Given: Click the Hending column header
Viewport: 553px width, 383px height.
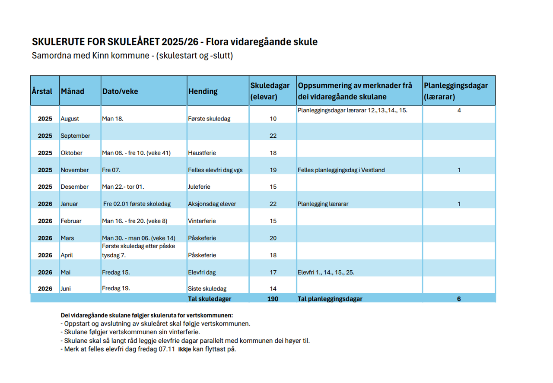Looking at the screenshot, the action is [x=203, y=91].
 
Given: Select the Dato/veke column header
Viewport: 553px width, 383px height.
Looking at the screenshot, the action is [x=120, y=91].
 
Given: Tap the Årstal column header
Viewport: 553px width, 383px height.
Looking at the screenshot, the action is [x=42, y=91].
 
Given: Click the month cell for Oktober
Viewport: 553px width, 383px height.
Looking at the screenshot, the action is [x=71, y=153].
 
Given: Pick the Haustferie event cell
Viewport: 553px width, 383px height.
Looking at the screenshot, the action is [x=202, y=153].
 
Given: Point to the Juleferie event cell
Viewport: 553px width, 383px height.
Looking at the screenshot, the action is [x=199, y=187].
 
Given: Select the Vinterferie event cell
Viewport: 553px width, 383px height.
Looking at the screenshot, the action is [x=202, y=221].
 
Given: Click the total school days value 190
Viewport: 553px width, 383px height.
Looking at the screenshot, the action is [x=273, y=299].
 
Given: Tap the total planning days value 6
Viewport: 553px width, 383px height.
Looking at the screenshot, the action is [x=459, y=299].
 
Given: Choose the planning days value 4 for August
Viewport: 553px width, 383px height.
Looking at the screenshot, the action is [x=459, y=110].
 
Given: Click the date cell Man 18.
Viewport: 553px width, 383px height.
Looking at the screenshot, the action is [x=113, y=119].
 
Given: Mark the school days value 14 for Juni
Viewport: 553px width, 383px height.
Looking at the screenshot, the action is [x=273, y=288].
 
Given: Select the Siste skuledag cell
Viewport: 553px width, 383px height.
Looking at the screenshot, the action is [x=207, y=288].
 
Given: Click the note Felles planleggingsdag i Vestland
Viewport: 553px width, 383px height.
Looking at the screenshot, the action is [x=341, y=170].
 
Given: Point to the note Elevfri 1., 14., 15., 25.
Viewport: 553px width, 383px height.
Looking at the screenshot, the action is [x=326, y=272].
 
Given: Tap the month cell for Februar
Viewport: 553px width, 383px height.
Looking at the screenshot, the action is [x=71, y=221].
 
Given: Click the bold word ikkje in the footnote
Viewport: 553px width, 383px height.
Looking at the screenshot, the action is [x=184, y=349].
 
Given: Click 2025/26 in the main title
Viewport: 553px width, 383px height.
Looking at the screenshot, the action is [x=180, y=42].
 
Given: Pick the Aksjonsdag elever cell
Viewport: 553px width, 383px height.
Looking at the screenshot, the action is [x=212, y=204].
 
